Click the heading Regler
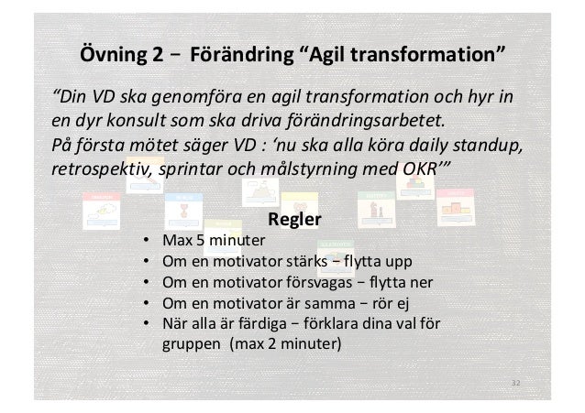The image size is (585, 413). [x=293, y=221]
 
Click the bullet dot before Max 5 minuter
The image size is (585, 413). [x=148, y=242]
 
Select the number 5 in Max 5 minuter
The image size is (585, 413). [x=193, y=242]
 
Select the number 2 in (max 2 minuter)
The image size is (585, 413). [x=269, y=346]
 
